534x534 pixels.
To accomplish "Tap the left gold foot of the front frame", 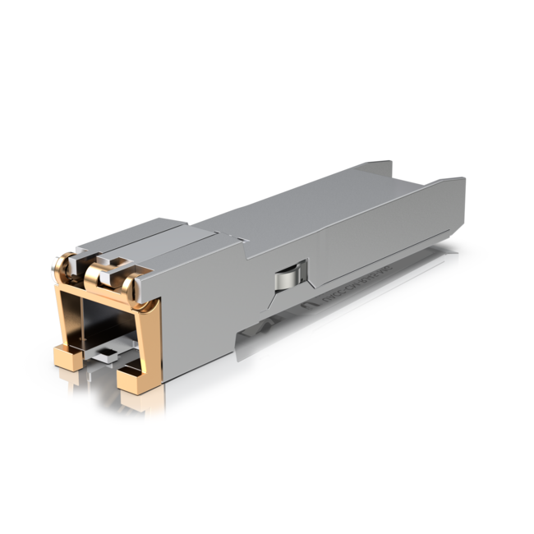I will click(67, 357).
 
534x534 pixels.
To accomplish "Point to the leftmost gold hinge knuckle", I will click(62, 265).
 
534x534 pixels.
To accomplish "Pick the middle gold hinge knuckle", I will click(97, 274).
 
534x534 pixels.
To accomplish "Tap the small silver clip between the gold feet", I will click(102, 355).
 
